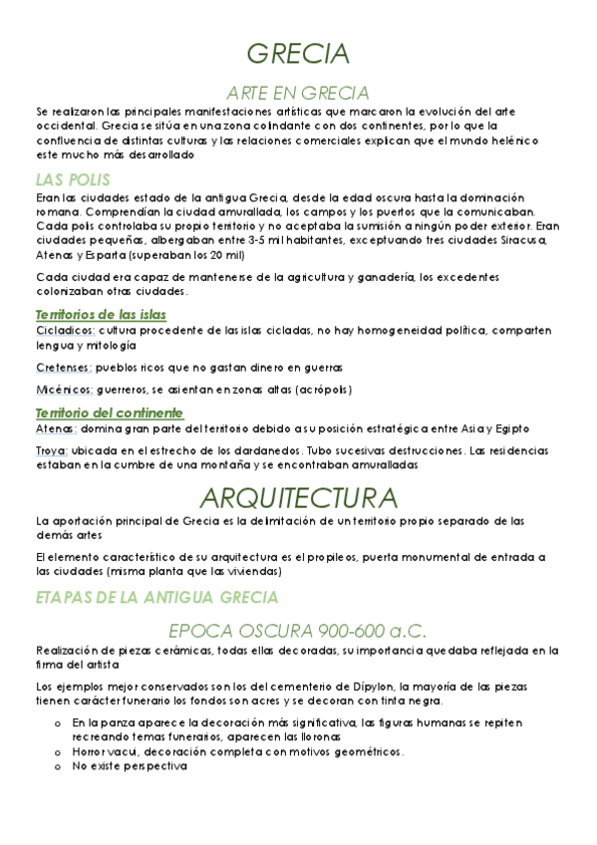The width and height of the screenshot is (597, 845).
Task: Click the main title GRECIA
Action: (x=298, y=53)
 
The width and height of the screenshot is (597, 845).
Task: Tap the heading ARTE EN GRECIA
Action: (x=298, y=93)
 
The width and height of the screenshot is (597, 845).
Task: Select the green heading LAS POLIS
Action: (x=72, y=180)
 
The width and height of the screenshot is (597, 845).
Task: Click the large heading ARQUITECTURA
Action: (x=298, y=497)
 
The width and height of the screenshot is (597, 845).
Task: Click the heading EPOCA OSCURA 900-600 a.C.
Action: (x=298, y=631)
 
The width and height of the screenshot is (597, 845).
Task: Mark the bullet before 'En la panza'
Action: (x=60, y=720)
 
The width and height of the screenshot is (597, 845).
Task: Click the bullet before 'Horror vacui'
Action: (x=60, y=752)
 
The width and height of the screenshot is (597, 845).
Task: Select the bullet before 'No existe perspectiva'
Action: (x=60, y=767)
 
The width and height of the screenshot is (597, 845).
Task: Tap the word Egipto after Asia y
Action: (x=511, y=427)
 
